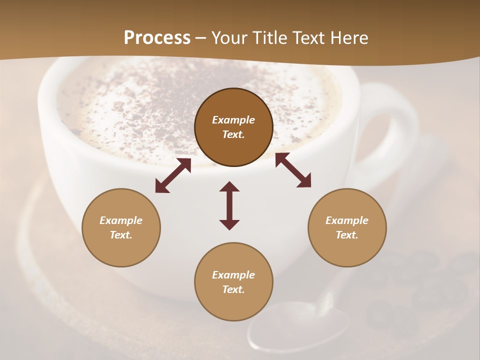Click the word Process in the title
click(x=157, y=38)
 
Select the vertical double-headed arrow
click(x=229, y=205)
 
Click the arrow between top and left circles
click(x=173, y=175)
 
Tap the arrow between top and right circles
click(x=293, y=170)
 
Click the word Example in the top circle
click(x=233, y=120)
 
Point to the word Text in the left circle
click(x=121, y=235)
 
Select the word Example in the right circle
click(x=347, y=220)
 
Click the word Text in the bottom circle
click(x=233, y=289)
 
